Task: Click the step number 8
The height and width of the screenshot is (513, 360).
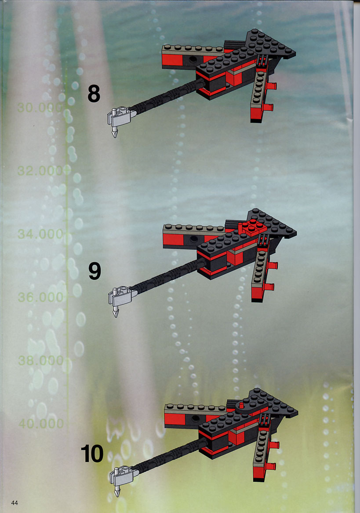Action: tap(94, 93)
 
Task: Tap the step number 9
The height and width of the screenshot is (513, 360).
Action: tap(95, 271)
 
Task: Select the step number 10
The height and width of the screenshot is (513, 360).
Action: tap(92, 454)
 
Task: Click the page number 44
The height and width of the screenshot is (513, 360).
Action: tap(15, 502)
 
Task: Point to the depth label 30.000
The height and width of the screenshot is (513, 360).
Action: tap(40, 107)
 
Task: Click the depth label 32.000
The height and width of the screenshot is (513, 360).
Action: tap(40, 170)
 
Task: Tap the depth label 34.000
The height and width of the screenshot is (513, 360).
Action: tap(40, 234)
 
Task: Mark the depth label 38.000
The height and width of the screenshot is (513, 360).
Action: tap(40, 360)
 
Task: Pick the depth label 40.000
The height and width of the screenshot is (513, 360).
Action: tap(41, 423)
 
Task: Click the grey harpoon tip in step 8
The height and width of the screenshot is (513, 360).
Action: tap(115, 132)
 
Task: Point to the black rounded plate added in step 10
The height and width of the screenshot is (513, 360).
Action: tap(248, 407)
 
